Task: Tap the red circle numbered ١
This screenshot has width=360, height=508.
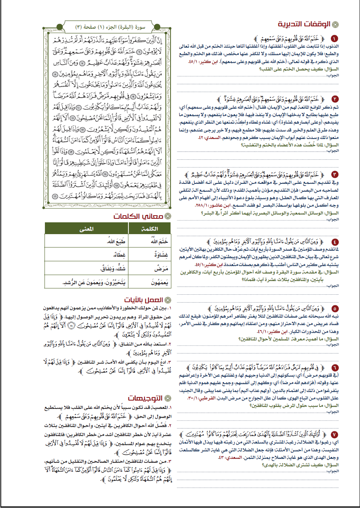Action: pos(334,39)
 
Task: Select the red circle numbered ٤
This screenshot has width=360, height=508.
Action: pos(334,242)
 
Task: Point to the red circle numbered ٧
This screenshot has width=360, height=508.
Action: pos(334,435)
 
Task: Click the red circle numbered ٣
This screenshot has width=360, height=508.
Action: pos(334,174)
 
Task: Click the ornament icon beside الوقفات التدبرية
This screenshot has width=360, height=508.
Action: pos(336,24)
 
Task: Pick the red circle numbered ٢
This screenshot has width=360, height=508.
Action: pos(334,99)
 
